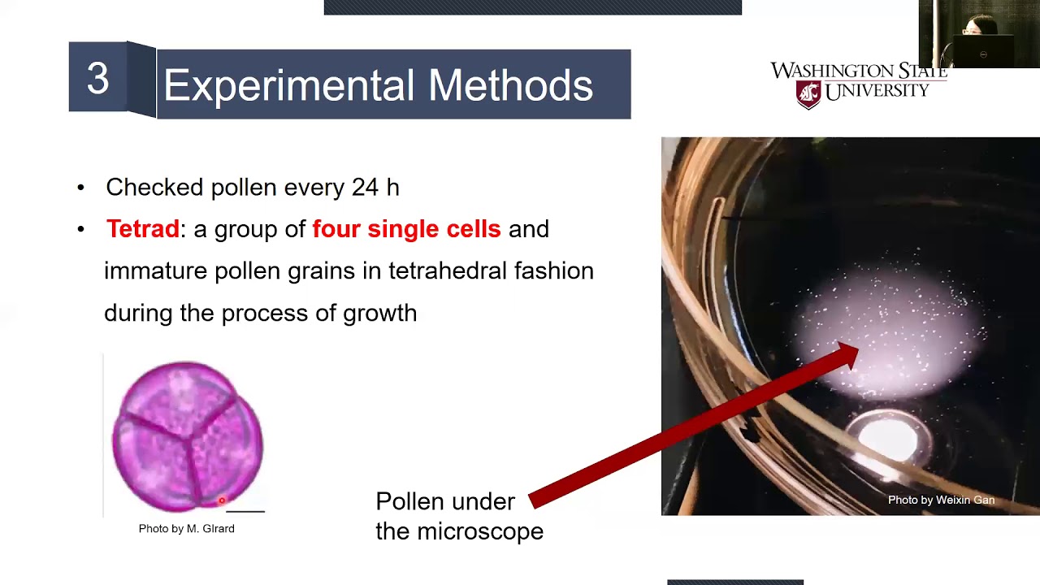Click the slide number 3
tap(97, 80)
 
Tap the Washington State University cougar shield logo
tap(808, 94)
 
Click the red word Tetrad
tap(142, 229)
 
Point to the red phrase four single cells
tap(406, 229)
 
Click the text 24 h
tap(375, 187)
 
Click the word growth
tap(379, 313)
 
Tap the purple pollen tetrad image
tap(187, 436)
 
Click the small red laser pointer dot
tap(221, 501)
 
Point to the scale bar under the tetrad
tap(245, 512)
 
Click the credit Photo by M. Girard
tap(186, 529)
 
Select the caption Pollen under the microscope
tap(459, 516)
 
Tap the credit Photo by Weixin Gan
tap(941, 500)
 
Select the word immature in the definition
tap(155, 271)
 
